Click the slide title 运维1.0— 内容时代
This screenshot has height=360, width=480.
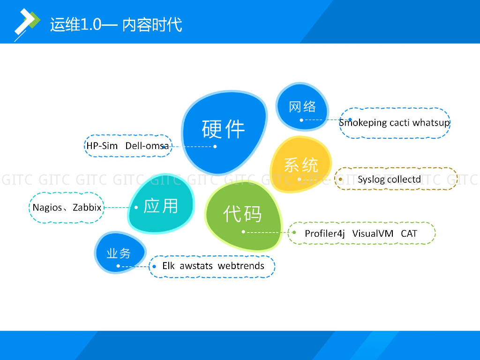pyautogui.click(x=116, y=24)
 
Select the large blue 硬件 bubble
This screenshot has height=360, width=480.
pyautogui.click(x=224, y=129)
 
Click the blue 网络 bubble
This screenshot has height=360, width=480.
pyautogui.click(x=302, y=107)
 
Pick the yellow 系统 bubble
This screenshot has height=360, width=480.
pyautogui.click(x=300, y=165)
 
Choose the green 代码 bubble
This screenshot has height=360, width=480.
pyautogui.click(x=242, y=214)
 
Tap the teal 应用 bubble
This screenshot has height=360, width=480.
pyautogui.click(x=161, y=206)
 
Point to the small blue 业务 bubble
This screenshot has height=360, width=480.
pyautogui.click(x=119, y=254)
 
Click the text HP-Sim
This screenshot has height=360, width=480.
pyautogui.click(x=102, y=146)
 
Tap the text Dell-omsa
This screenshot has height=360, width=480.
pyautogui.click(x=147, y=146)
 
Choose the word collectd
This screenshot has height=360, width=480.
pyautogui.click(x=404, y=179)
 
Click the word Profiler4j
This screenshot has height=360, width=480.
pyautogui.click(x=325, y=233)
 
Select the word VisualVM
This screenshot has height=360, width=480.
pyautogui.click(x=373, y=233)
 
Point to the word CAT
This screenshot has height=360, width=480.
pyautogui.click(x=409, y=233)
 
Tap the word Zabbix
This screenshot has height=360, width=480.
pyautogui.click(x=87, y=207)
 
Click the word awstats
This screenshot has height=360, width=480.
pyautogui.click(x=196, y=266)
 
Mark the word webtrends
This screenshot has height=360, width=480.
pyautogui.click(x=241, y=266)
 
